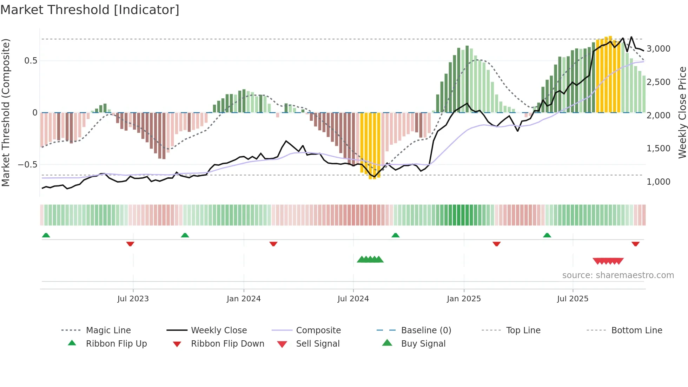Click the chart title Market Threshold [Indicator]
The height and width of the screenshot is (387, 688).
(x=90, y=10)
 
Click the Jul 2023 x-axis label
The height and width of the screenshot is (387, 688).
(x=133, y=299)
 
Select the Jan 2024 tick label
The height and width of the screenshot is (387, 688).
(x=244, y=299)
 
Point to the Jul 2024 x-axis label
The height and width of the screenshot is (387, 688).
(x=353, y=299)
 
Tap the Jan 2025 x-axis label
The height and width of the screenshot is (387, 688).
(x=464, y=299)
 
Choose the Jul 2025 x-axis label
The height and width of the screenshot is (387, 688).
(x=573, y=299)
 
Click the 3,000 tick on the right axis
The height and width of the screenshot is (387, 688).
(x=658, y=48)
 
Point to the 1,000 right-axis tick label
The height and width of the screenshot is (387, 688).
(x=658, y=182)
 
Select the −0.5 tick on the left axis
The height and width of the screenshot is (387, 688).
(x=27, y=164)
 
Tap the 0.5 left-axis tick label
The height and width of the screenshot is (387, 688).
(x=31, y=60)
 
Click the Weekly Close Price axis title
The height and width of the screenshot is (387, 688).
(x=682, y=112)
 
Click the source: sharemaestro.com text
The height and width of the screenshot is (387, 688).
(x=618, y=275)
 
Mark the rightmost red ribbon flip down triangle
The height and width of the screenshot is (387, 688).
(x=635, y=244)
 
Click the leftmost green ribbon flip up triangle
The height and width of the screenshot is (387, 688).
(x=46, y=235)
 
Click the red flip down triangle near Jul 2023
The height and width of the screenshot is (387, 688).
(x=130, y=244)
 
